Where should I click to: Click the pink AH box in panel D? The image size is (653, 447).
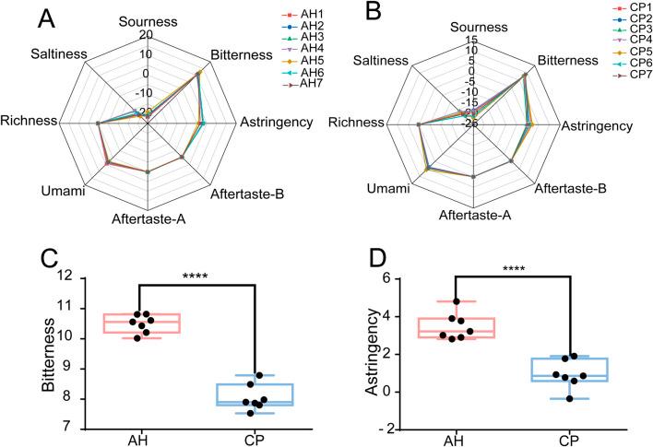pyautogui.click(x=469, y=327)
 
